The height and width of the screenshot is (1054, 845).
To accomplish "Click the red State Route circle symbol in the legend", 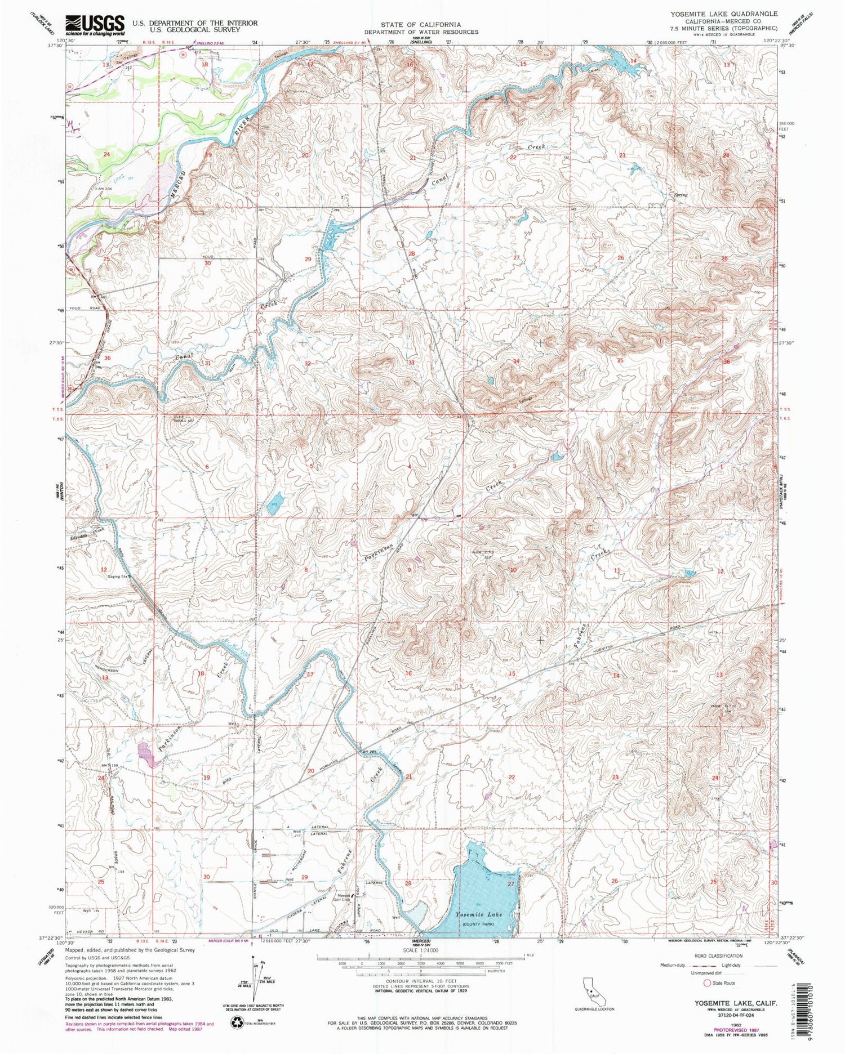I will click(x=706, y=982).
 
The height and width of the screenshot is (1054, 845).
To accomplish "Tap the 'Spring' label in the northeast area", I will click(x=680, y=195).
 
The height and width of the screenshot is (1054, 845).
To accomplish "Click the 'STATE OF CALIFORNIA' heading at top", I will click(x=420, y=25).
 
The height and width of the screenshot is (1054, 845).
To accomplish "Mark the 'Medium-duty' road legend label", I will click(x=673, y=964).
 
